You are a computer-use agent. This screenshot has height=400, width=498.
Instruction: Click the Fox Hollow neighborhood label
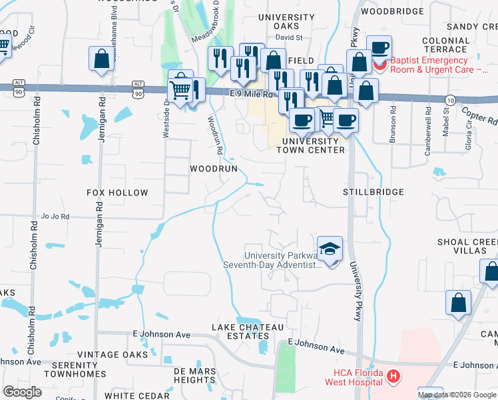pyautogui.click(x=117, y=193)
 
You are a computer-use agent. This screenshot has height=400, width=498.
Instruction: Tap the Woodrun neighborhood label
pyautogui.click(x=214, y=169)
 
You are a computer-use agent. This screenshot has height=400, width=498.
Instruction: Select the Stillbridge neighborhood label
pyautogui.click(x=373, y=192)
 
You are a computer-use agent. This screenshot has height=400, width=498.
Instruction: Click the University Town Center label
pyautogui.click(x=313, y=145)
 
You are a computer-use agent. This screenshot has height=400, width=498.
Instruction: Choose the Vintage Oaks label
pyautogui.click(x=112, y=355)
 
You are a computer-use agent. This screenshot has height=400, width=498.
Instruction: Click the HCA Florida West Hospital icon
pyautogui.click(x=393, y=377)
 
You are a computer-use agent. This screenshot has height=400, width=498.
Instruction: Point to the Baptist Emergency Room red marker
pyautogui.click(x=379, y=66)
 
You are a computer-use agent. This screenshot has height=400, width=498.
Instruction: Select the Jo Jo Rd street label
pyautogui.click(x=55, y=216)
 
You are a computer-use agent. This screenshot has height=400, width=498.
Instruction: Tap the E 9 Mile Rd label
pyautogui.click(x=252, y=95)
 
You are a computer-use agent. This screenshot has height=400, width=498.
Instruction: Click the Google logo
pyautogui.click(x=22, y=392)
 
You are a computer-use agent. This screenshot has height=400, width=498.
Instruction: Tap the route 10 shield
pyautogui.click(x=450, y=100)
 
